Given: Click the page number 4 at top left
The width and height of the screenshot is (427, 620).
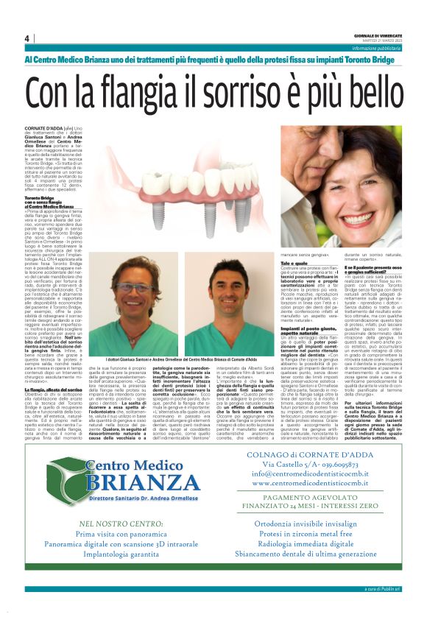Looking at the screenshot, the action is pos(27,38).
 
